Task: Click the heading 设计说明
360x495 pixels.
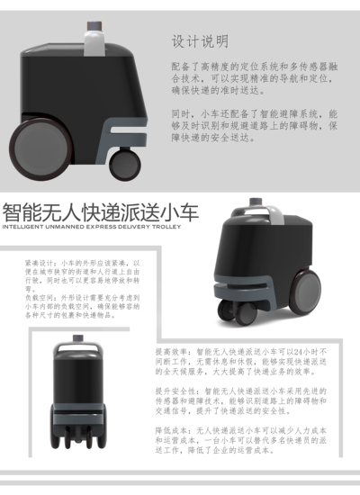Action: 199,41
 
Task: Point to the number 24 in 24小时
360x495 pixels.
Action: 281,352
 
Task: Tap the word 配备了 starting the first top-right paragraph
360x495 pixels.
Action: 183,67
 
